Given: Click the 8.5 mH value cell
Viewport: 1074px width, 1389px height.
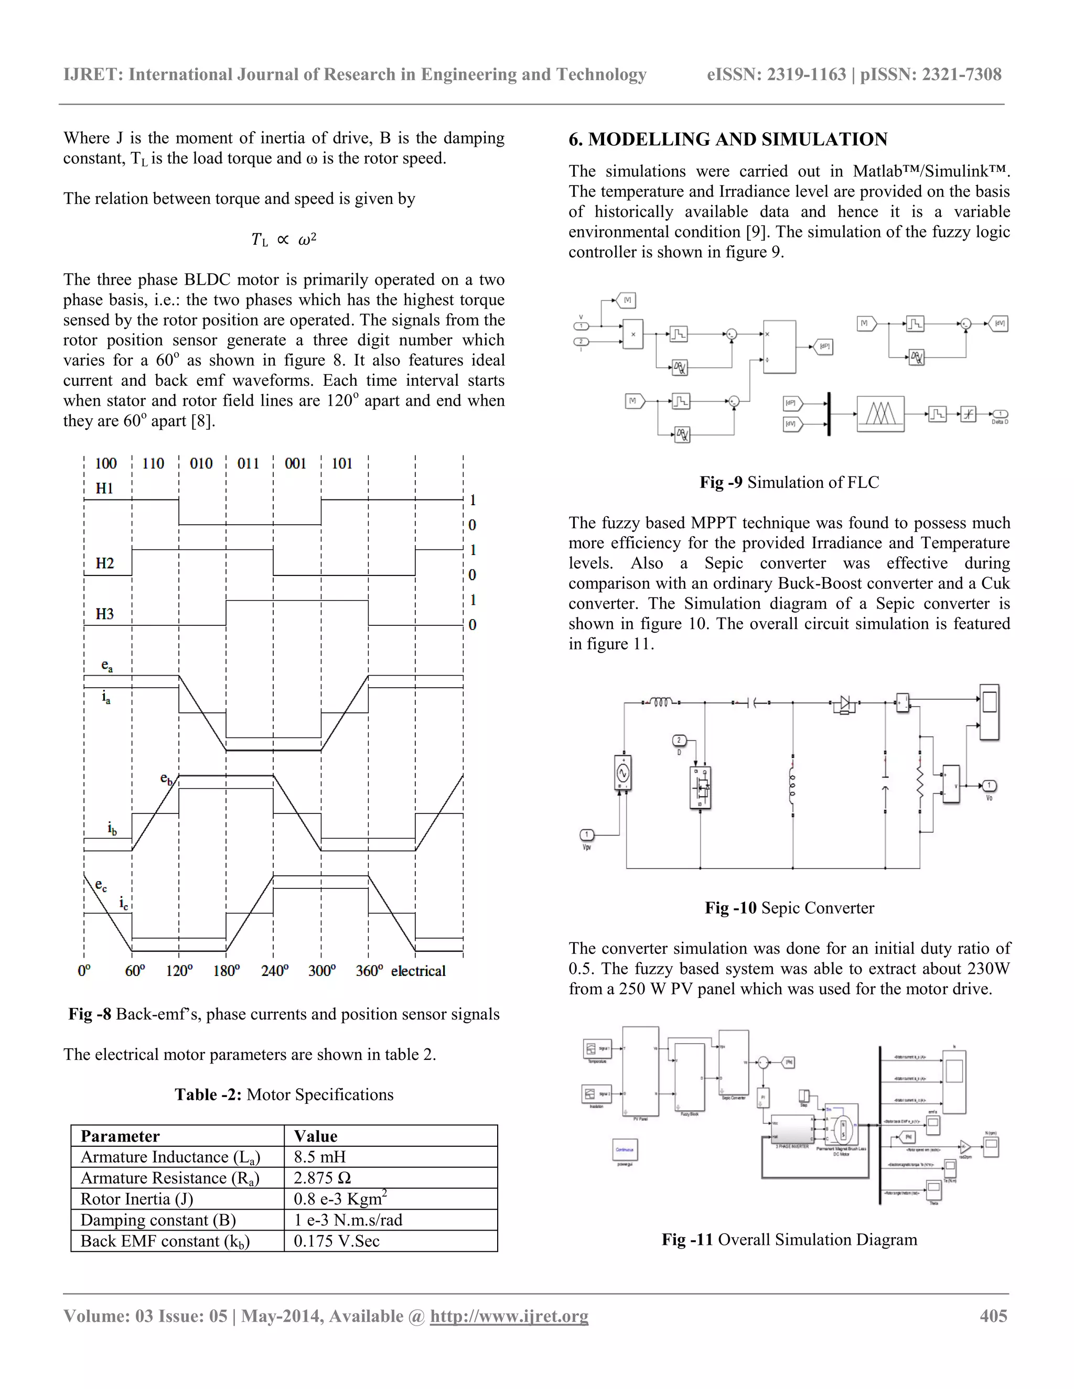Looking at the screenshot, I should pos(319,1157).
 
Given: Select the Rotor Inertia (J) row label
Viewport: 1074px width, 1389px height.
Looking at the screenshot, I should pos(137,1199).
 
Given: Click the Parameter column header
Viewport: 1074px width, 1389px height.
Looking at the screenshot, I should pos(120,1136).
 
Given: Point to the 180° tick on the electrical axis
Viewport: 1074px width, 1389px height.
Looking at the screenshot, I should pos(227,971).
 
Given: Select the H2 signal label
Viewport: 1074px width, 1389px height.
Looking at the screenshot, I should pos(104,563).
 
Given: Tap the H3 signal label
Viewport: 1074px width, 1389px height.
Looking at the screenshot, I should pos(104,614).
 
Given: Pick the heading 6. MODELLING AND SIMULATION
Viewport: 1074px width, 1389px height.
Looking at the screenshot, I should pos(728,139).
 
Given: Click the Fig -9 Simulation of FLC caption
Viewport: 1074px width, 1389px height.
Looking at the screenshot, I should pos(789,482).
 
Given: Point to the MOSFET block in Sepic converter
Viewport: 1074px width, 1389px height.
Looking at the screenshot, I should pos(701,787).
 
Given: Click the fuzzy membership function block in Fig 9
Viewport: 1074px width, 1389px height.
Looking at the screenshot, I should pos(880,415).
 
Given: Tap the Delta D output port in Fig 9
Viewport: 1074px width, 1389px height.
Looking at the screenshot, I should pos(1000,415).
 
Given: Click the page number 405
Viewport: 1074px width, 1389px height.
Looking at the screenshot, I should pos(993,1316).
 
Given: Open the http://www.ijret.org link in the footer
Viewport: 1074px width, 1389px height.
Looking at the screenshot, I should pos(509,1316).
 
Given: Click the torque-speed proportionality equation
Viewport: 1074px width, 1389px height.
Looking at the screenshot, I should pos(284,239).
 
